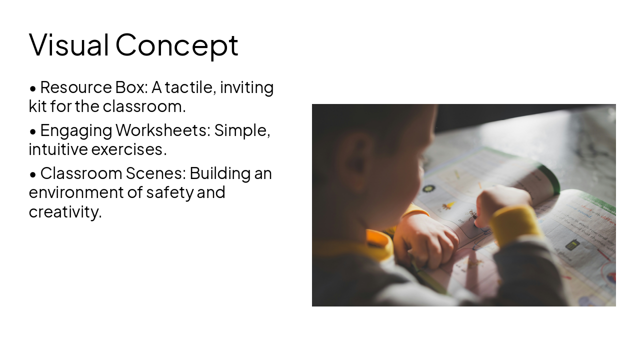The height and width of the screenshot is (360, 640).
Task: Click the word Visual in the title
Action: click(69, 44)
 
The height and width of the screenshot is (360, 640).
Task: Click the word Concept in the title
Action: click(176, 45)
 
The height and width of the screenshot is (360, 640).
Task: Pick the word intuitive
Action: click(58, 149)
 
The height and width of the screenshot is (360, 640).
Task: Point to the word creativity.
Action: click(65, 211)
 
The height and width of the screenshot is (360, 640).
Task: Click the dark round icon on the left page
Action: click(428, 188)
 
